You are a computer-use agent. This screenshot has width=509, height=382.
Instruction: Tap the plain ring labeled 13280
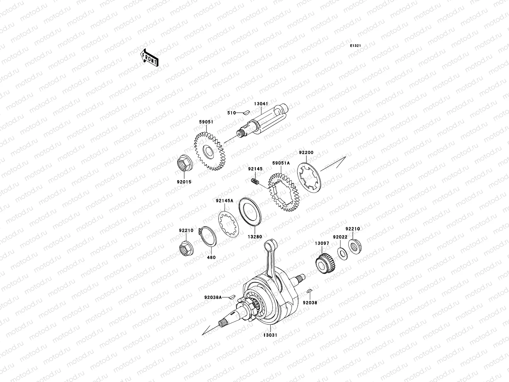tap(250, 213)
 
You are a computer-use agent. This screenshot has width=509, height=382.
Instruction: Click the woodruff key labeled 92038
tap(309, 291)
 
